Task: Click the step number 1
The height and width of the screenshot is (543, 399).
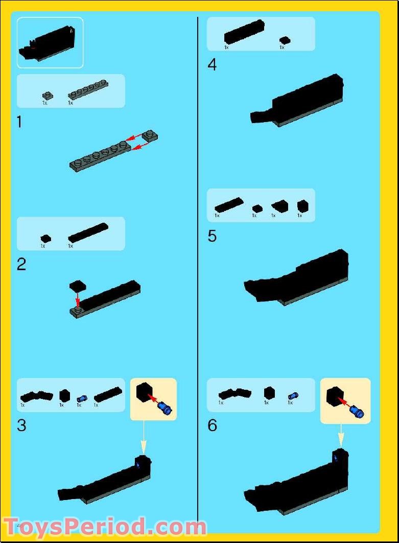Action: click(19, 123)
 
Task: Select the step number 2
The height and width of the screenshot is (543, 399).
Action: click(21, 265)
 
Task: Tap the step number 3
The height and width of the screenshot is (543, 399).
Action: click(21, 425)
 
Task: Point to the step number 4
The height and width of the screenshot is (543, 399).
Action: click(212, 65)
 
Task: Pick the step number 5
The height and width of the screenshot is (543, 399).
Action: click(212, 236)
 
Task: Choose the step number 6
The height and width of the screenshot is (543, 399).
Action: click(213, 425)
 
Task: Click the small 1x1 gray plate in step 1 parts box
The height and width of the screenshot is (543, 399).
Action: click(47, 95)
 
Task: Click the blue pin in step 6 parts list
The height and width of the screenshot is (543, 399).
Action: click(292, 396)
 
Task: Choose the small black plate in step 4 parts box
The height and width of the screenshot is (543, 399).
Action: click(285, 40)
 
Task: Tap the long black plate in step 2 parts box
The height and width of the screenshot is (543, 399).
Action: click(88, 232)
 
